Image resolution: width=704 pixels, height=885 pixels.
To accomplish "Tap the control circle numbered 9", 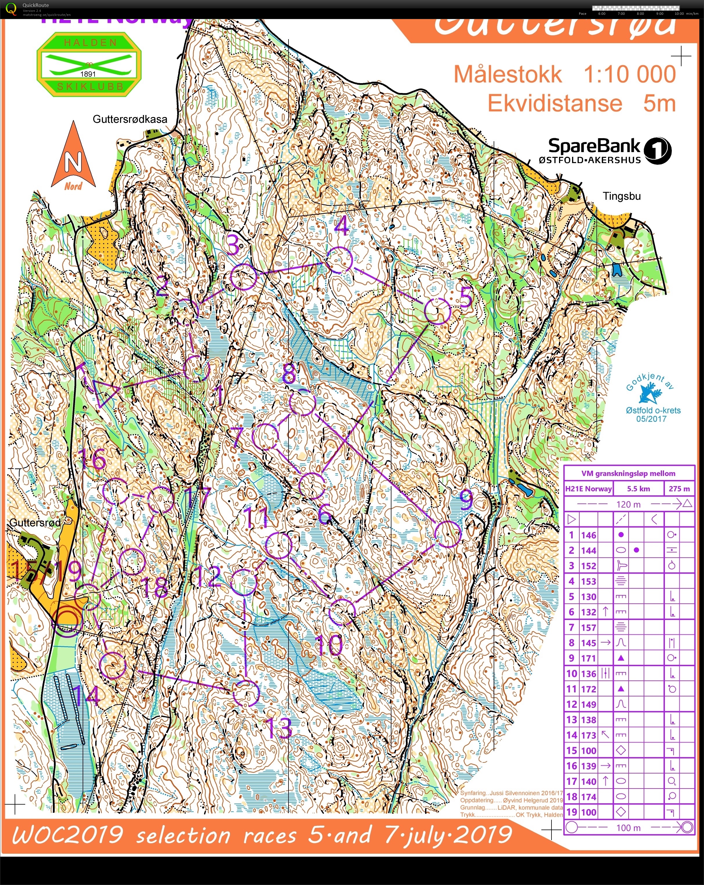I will [448, 534].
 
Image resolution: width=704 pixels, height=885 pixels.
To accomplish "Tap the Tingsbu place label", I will [621, 196].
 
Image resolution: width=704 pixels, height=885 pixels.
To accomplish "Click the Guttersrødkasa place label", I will [130, 119].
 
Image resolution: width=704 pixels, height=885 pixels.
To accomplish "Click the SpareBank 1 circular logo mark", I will [657, 151].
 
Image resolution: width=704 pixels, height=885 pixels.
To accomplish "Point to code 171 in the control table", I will [588, 658].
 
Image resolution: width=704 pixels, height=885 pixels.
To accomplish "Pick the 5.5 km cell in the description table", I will [638, 488].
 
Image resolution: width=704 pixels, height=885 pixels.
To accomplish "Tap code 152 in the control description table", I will [588, 566].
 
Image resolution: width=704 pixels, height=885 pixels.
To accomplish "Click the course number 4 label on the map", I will [341, 225].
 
